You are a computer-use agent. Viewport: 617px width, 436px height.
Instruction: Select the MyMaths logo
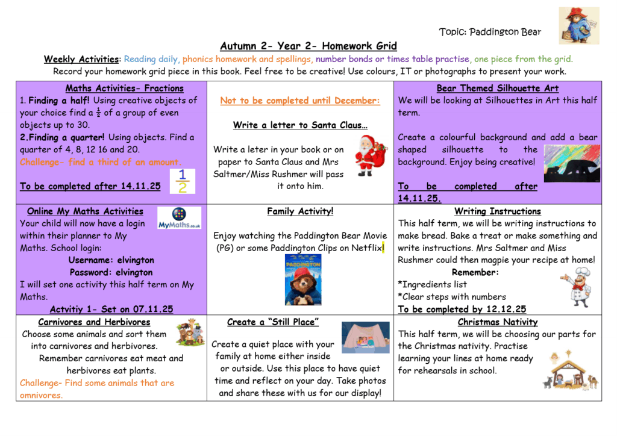click(x=179, y=217)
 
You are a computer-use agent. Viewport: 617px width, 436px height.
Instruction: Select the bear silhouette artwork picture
click(x=572, y=163)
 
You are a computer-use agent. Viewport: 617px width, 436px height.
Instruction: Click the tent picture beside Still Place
click(x=366, y=337)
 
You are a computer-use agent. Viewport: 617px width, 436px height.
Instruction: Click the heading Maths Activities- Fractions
click(x=124, y=89)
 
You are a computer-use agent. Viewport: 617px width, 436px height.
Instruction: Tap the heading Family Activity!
click(x=300, y=211)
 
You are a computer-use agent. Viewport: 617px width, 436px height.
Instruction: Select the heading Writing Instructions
click(x=497, y=211)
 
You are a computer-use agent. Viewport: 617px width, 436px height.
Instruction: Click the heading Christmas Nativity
click(x=497, y=322)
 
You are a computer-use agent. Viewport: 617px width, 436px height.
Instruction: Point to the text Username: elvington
click(x=111, y=260)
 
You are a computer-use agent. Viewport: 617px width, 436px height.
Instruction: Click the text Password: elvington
click(x=111, y=272)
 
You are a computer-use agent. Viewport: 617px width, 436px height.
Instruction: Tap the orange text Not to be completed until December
click(x=300, y=101)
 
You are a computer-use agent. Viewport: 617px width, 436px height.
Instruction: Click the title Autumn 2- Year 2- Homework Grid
click(x=308, y=46)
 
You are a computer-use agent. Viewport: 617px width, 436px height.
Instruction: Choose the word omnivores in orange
click(x=41, y=395)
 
